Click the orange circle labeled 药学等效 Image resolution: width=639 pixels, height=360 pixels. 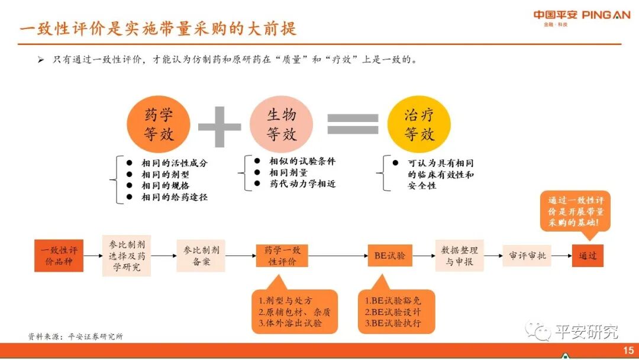click(x=158, y=124)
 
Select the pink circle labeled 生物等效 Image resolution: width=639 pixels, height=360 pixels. click(x=281, y=124)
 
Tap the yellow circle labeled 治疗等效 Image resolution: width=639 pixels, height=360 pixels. click(x=419, y=124)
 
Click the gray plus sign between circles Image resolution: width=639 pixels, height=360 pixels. click(x=220, y=126)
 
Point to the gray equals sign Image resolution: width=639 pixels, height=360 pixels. click(x=353, y=124)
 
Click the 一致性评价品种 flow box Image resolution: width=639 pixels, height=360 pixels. click(x=59, y=256)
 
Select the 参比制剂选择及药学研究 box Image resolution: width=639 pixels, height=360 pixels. click(x=126, y=256)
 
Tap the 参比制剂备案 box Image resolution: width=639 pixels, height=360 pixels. click(x=201, y=256)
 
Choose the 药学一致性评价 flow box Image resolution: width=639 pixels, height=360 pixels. click(x=282, y=256)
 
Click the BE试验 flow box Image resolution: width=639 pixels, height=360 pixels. click(x=389, y=256)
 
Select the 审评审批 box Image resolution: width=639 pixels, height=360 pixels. click(x=527, y=256)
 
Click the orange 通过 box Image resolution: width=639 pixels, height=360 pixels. click(x=588, y=256)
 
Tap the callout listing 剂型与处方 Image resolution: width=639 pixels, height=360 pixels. click(x=294, y=311)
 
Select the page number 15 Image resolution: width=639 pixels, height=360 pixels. click(x=628, y=351)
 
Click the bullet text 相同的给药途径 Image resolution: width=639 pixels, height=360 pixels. click(x=175, y=197)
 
